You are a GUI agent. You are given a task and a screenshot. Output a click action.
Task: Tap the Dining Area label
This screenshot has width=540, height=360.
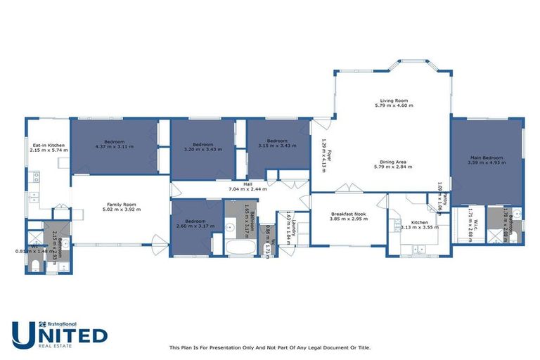393,162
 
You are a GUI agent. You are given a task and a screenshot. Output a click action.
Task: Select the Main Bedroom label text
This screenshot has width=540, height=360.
486,157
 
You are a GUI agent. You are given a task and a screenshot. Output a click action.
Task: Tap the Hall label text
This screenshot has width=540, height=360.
247,184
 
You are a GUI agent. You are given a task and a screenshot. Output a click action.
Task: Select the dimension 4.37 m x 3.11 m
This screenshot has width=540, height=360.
115,147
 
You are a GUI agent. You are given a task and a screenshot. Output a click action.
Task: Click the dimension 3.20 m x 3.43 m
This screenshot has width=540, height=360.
202,149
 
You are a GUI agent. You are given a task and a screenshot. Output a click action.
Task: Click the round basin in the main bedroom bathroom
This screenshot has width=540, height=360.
516,212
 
